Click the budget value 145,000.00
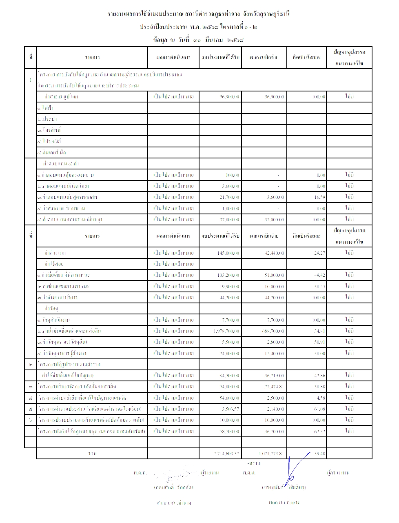(228, 253)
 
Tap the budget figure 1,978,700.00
(226, 331)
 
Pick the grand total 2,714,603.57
(226, 454)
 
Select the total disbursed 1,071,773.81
(271, 454)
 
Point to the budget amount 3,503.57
(230, 409)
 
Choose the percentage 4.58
(320, 398)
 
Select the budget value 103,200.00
(228, 276)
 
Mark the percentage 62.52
(319, 432)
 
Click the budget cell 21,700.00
(230, 197)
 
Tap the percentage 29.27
(319, 253)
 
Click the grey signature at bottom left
(173, 476)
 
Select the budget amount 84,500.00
(230, 376)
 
